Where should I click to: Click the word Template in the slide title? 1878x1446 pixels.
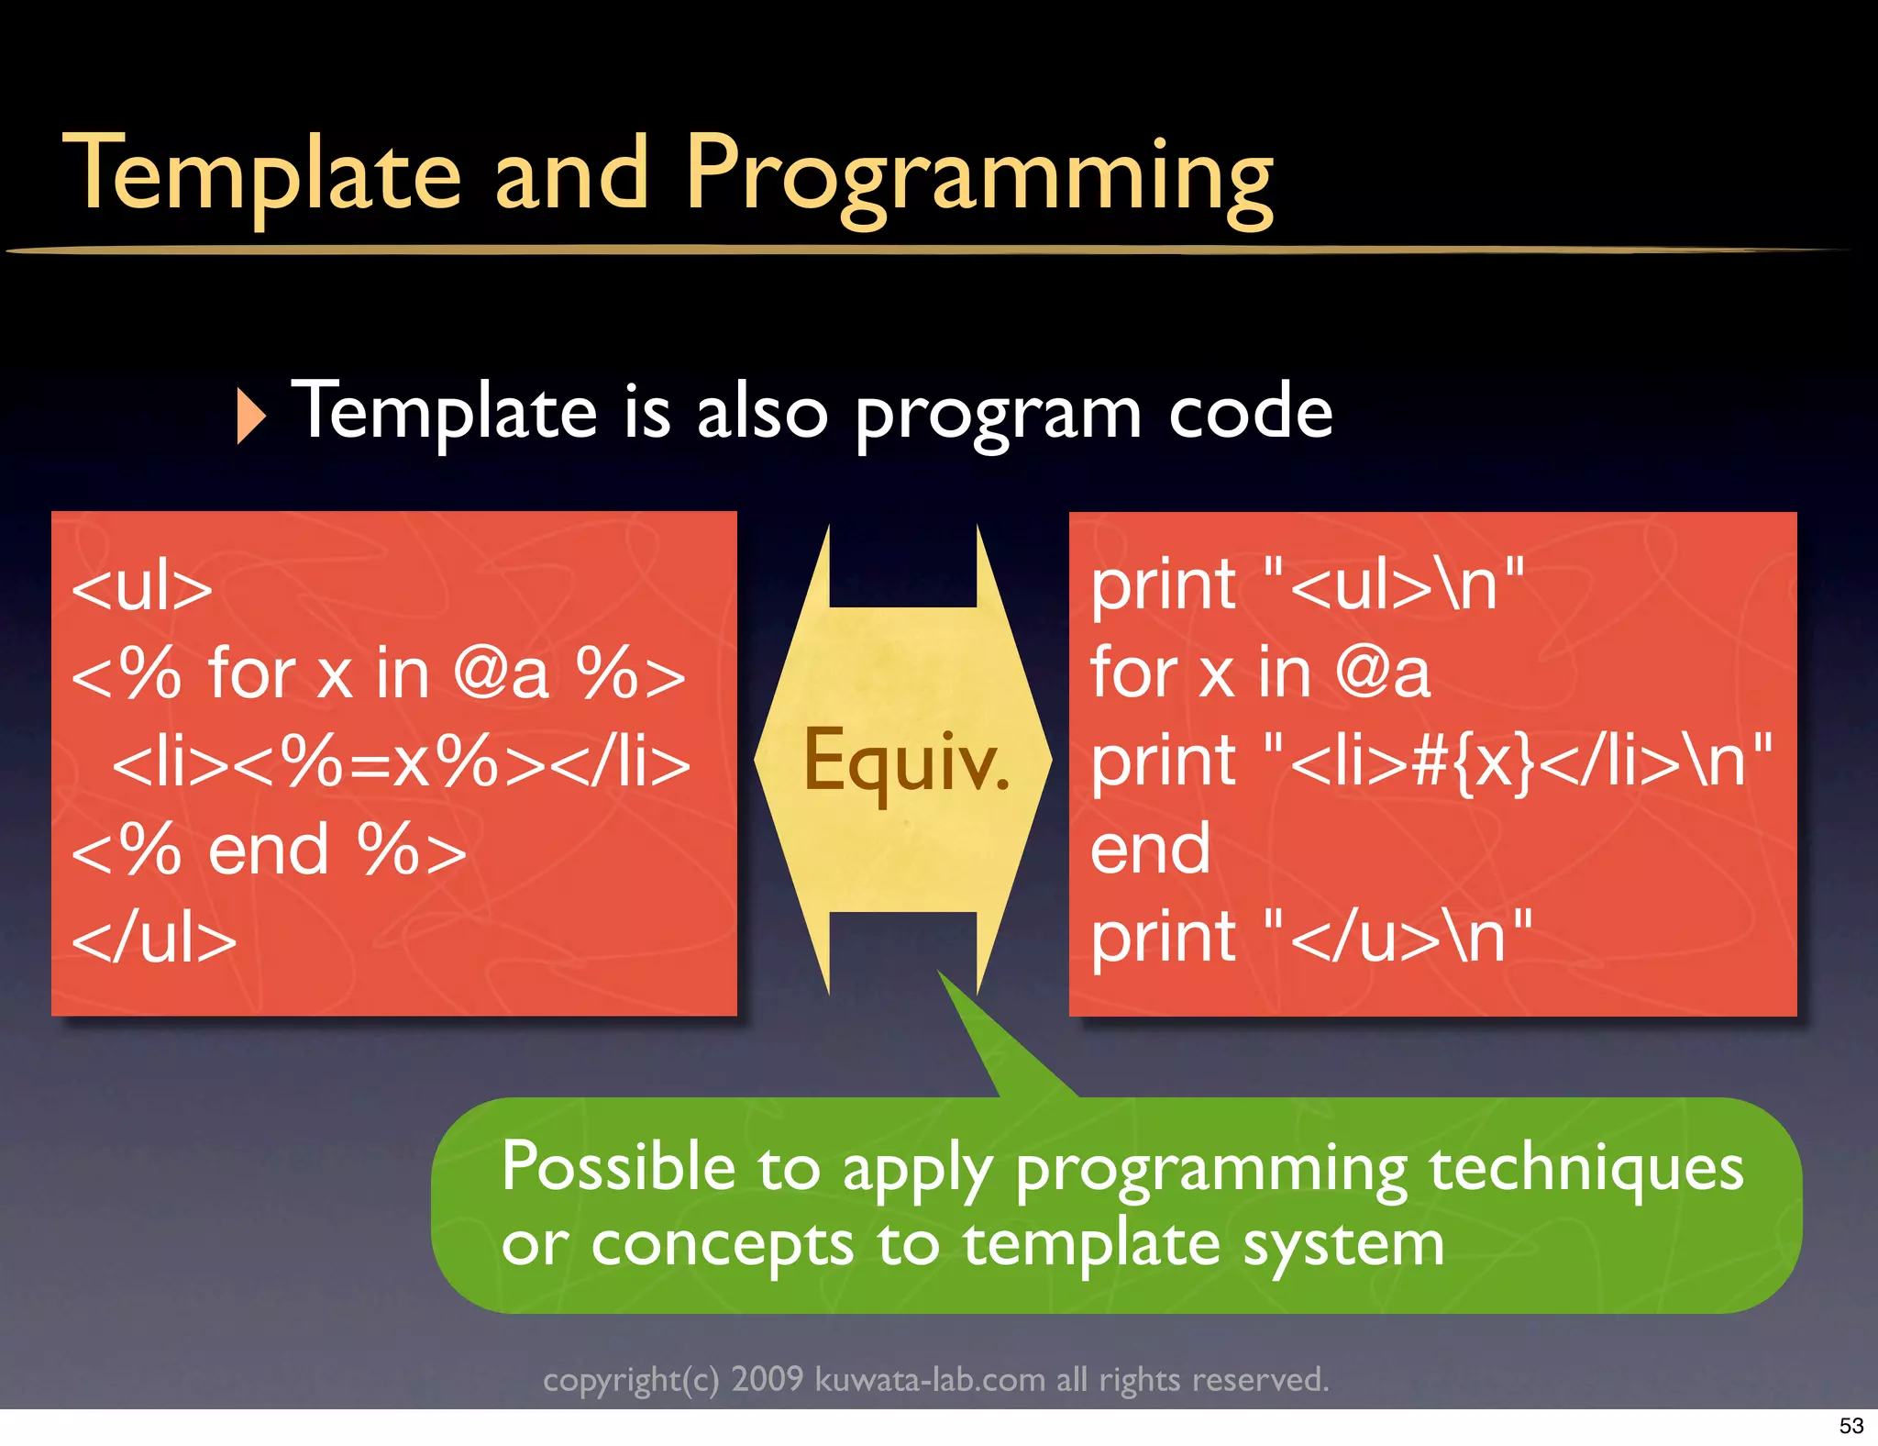pyautogui.click(x=262, y=174)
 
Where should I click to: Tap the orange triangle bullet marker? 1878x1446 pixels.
pyautogui.click(x=249, y=416)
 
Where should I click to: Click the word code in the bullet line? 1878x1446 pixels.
pyautogui.click(x=1250, y=413)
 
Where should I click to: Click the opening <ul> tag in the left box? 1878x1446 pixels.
pyautogui.click(x=142, y=588)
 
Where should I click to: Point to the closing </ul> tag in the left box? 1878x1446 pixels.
pyautogui.click(x=154, y=940)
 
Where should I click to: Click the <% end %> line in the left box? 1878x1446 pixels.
pyautogui.click(x=269, y=851)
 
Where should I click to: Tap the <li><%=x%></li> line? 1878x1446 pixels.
pyautogui.click(x=401, y=762)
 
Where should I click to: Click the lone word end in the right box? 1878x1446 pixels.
pyautogui.click(x=1150, y=850)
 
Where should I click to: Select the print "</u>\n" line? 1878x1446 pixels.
pyautogui.click(x=1309, y=938)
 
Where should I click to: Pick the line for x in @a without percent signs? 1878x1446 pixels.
pyautogui.click(x=1259, y=673)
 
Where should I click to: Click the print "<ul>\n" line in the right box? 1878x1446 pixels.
pyautogui.click(x=1307, y=585)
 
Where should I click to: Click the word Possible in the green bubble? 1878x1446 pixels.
pyautogui.click(x=618, y=1167)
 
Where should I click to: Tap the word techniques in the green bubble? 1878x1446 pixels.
pyautogui.click(x=1585, y=1169)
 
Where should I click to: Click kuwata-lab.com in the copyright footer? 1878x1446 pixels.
pyautogui.click(x=929, y=1380)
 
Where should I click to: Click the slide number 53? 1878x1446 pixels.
pyautogui.click(x=1850, y=1426)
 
